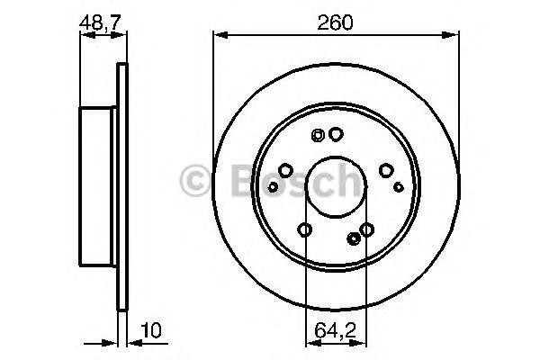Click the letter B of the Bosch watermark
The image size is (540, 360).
point(232,183)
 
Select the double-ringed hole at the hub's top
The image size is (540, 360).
point(318,136)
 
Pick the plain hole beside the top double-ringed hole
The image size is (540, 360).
point(336,135)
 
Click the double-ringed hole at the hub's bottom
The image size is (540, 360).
point(353,238)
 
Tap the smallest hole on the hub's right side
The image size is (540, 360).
point(400,186)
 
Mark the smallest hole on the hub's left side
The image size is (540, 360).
point(271,186)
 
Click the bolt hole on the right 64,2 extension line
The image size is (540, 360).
point(366,230)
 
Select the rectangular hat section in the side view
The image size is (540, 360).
point(99,187)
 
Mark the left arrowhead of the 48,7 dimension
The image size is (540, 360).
point(85,35)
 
